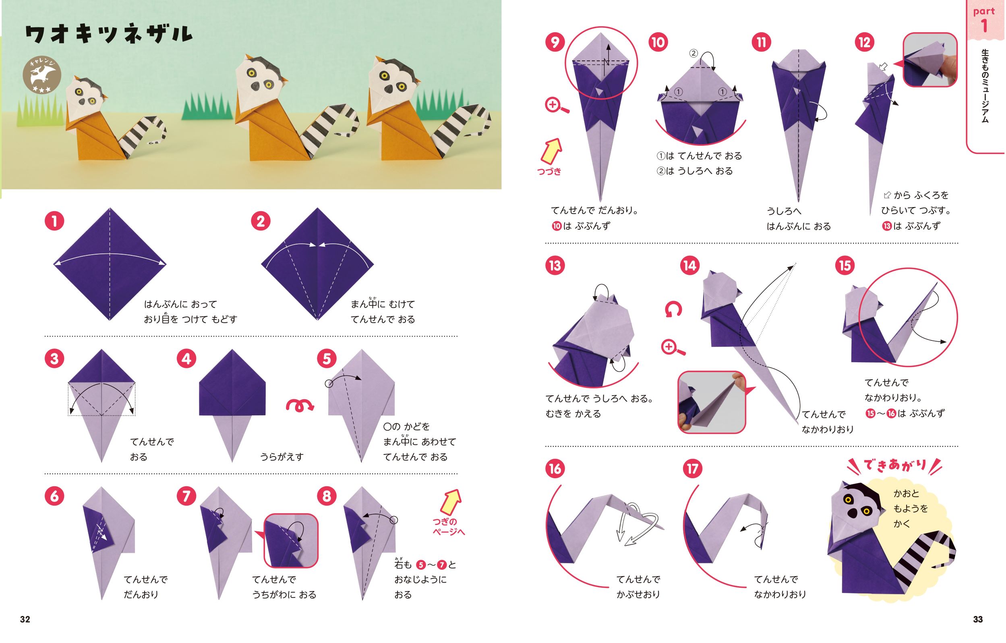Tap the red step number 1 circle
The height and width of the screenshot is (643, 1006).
54,221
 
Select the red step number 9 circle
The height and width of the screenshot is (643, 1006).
555,42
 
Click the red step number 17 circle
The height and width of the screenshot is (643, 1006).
692,468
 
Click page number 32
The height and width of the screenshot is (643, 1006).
25,619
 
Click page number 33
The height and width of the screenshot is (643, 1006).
977,619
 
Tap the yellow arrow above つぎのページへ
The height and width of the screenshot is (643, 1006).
451,502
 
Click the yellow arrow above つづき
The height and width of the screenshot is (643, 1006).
551,151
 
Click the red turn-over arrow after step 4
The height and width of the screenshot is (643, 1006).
299,405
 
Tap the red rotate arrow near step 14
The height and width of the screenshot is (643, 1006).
673,309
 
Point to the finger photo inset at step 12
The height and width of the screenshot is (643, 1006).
930,60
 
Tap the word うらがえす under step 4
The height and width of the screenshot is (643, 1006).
282,456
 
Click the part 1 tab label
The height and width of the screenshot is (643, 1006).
984,19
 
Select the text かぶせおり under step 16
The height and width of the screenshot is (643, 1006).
638,594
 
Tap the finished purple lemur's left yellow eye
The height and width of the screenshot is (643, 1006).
848,500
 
